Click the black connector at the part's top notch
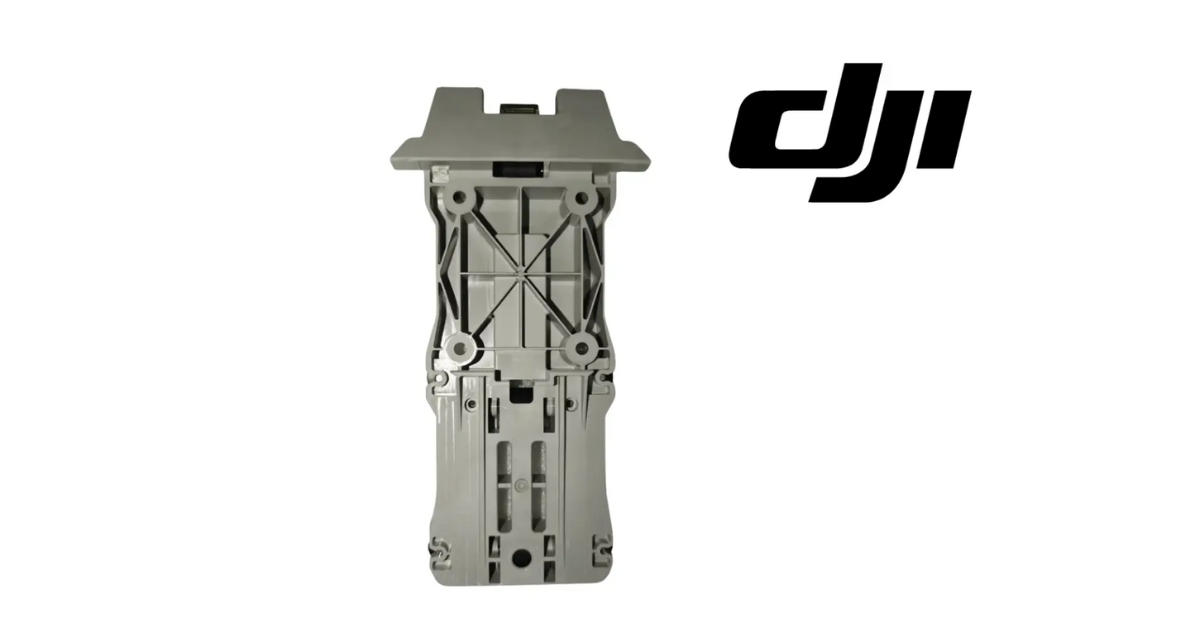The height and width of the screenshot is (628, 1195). [x=519, y=109]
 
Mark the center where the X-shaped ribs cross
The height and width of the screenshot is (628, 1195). [x=519, y=269]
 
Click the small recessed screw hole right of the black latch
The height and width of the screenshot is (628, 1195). [x=570, y=405]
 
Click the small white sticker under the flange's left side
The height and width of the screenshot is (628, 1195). [x=439, y=175]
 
